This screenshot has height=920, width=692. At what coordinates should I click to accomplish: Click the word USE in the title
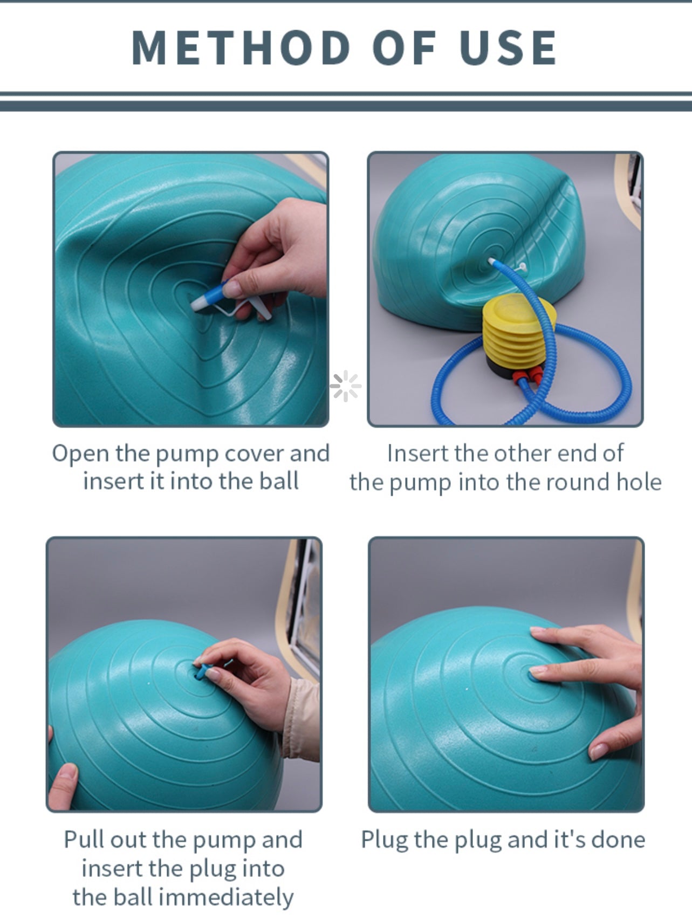pyautogui.click(x=508, y=47)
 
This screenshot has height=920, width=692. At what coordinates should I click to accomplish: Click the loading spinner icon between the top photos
pyautogui.click(x=346, y=386)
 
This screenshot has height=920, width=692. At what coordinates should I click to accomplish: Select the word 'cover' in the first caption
pyautogui.click(x=253, y=454)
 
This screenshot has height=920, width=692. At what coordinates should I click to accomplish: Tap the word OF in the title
pyautogui.click(x=405, y=47)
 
